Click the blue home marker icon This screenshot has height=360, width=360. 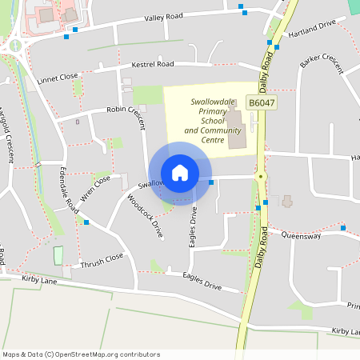pos(180,173)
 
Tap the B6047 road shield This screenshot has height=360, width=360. pos(261,104)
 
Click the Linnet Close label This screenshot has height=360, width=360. pos(58,78)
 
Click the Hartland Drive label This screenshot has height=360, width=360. pos(315,26)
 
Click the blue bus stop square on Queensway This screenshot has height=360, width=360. pos(343,228)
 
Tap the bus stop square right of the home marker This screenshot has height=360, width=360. pos(211,182)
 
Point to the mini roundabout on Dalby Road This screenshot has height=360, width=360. pos(261,176)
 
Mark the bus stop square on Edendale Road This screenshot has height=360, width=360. pos(86,222)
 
